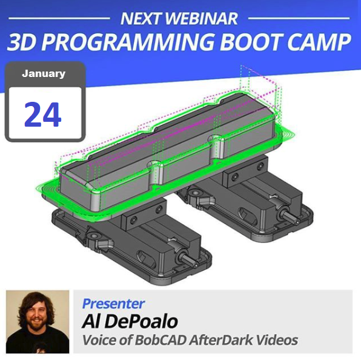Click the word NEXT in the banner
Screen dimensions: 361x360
click(x=140, y=18)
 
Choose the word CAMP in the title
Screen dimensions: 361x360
click(x=319, y=42)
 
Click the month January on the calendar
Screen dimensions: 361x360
click(x=44, y=74)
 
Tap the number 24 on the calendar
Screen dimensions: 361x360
click(x=43, y=115)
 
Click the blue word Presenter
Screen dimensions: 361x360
click(x=113, y=304)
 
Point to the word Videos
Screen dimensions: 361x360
click(x=277, y=340)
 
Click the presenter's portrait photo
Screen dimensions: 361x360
click(x=38, y=322)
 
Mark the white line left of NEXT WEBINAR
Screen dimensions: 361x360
click(x=59, y=18)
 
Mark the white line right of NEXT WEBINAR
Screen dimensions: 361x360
click(x=299, y=18)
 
